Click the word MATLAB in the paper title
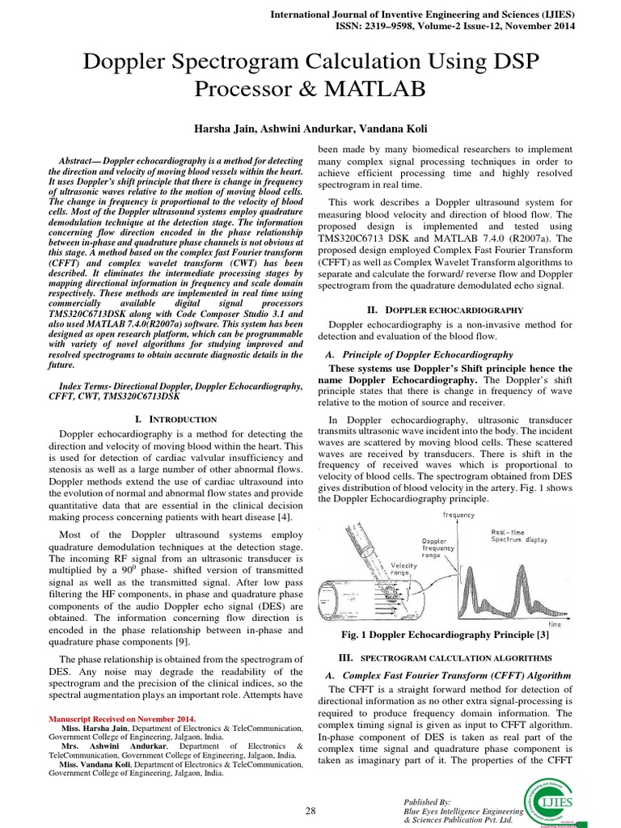click(374, 88)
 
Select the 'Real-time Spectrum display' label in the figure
click(518, 534)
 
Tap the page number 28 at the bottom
click(310, 811)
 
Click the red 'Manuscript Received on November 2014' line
click(122, 718)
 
